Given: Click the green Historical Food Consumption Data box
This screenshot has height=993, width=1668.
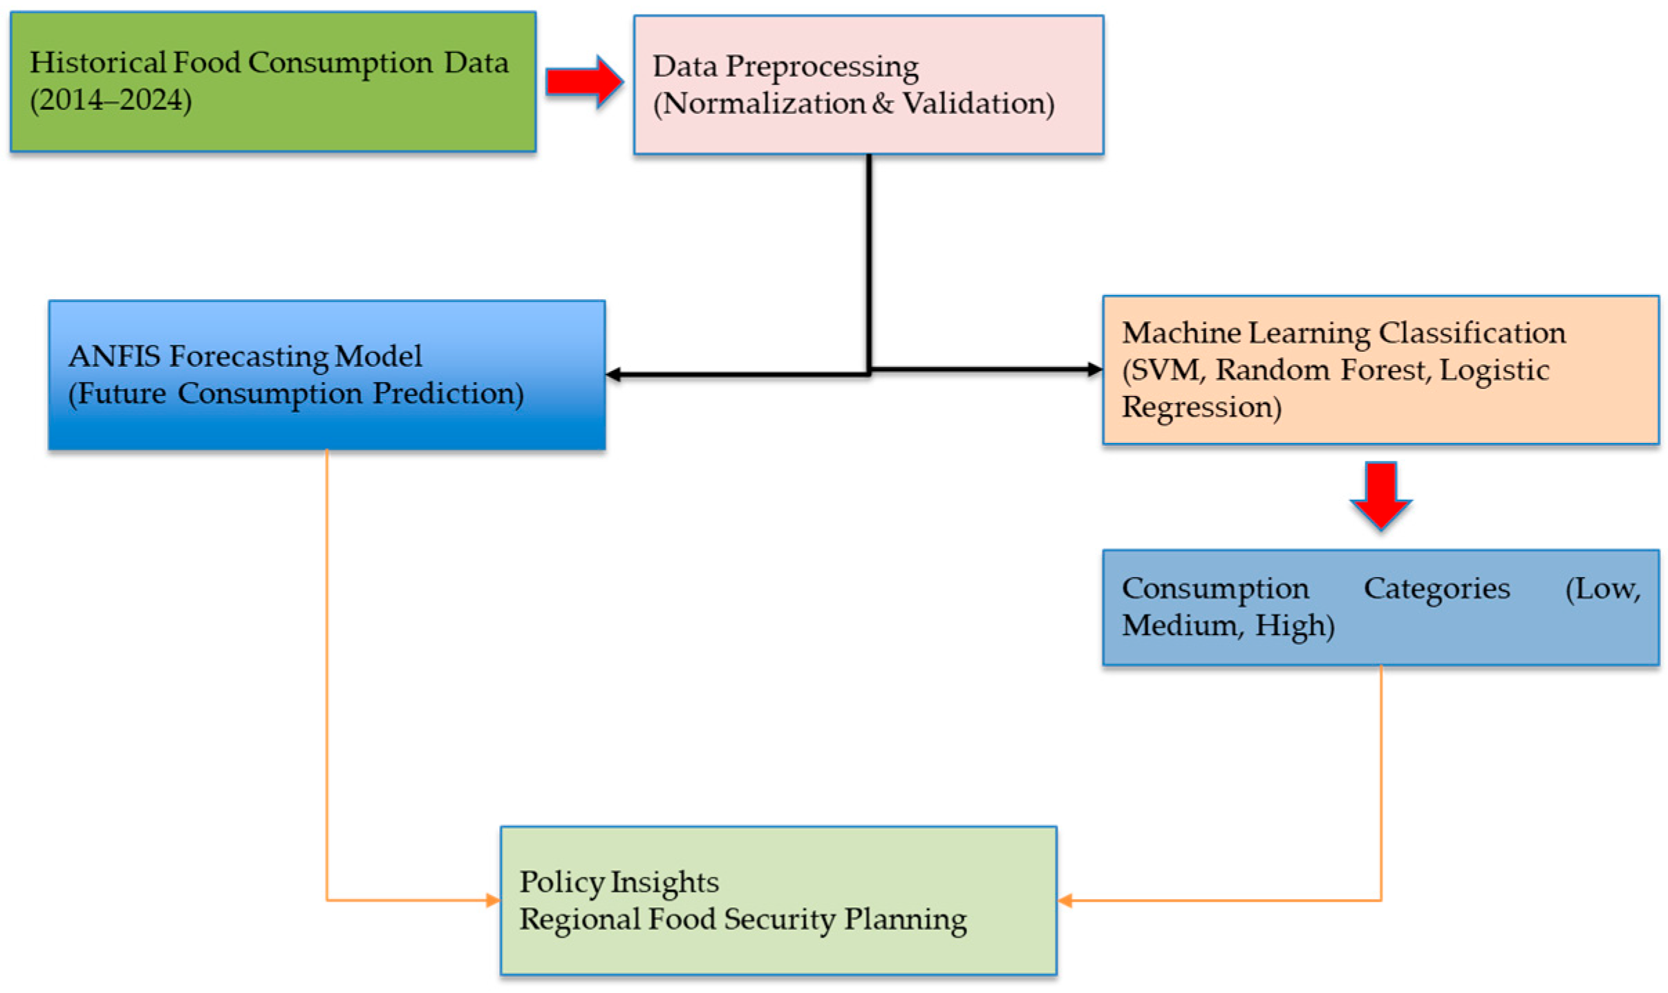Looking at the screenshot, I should pos(272,82).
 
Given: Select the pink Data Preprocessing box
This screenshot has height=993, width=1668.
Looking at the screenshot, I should pos(868,84).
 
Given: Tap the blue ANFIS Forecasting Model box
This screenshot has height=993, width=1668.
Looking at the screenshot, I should pos(326,375).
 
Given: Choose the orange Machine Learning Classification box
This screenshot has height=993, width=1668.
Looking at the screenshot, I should pos(1380,370).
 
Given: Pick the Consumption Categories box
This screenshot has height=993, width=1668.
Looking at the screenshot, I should pos(1380,607).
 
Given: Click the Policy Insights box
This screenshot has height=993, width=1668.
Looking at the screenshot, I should pos(778,900).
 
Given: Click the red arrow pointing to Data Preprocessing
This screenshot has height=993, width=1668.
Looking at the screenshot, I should pos(584,82).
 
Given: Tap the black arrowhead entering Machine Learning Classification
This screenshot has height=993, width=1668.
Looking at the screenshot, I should pos(1094,370).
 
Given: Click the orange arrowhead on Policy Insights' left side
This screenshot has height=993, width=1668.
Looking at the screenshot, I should pos(493,900).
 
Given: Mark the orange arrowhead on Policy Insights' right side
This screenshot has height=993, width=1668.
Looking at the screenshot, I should pos(1065,900).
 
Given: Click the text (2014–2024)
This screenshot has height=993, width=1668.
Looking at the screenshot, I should pos(111,100).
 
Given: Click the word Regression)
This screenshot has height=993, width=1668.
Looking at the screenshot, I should pos(1201,407).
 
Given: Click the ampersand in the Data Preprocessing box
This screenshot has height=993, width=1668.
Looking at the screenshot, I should pos(883,104).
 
